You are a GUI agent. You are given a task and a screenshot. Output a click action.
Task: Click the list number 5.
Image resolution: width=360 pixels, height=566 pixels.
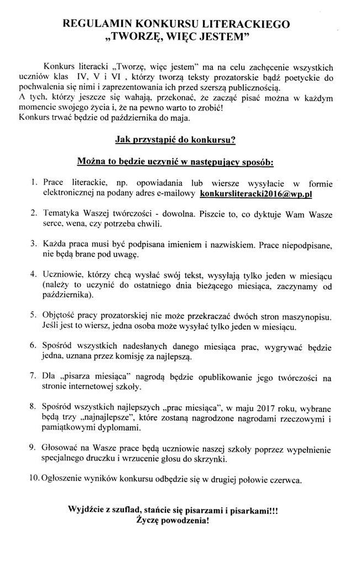34,315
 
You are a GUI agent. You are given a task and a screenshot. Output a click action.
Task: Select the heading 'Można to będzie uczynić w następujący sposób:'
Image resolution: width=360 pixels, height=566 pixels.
175,163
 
